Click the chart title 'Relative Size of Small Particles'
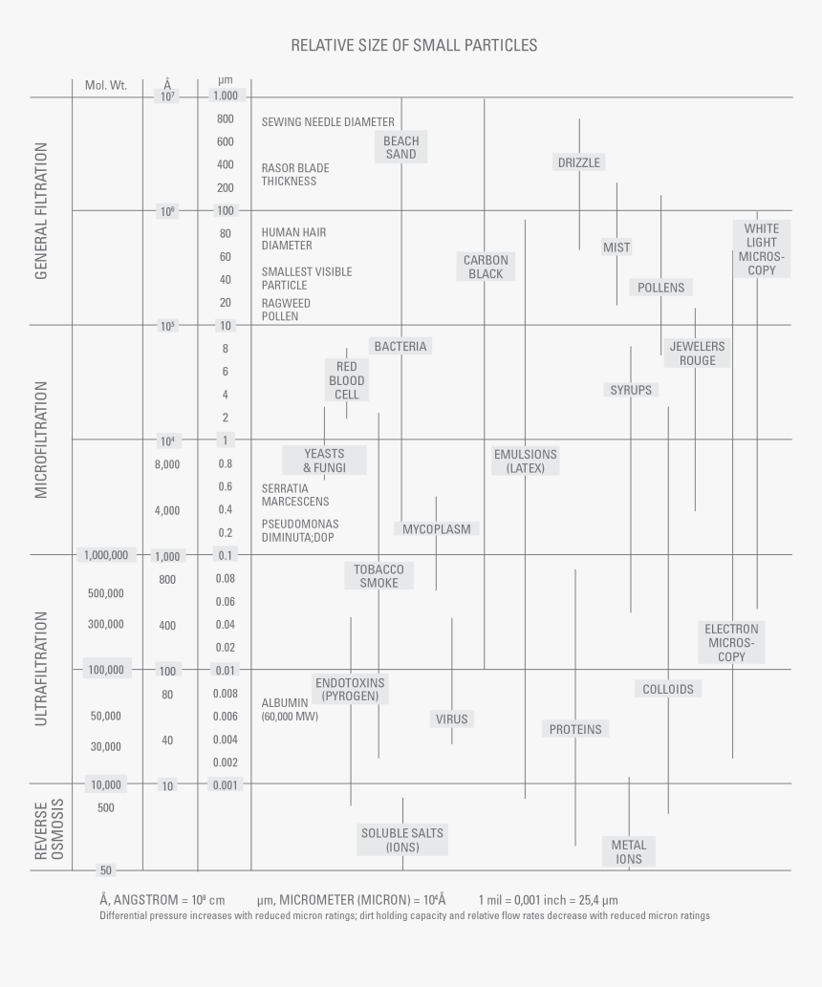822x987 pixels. [x=414, y=45]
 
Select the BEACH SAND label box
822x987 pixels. [x=401, y=147]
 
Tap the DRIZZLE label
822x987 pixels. [x=579, y=162]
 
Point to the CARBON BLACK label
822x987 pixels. [x=486, y=267]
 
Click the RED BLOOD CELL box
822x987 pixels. [x=346, y=380]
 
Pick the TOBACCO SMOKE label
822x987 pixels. [x=379, y=575]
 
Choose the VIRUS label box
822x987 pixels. [x=452, y=719]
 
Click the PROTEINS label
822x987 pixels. [x=575, y=729]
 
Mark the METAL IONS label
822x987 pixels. [x=629, y=851]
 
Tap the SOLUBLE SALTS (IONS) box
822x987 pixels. [x=402, y=840]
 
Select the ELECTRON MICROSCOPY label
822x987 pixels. [x=732, y=642]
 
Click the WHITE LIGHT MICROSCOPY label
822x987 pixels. [x=762, y=249]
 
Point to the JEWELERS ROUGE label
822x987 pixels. [x=697, y=353]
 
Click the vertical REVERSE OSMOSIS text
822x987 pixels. [x=49, y=828]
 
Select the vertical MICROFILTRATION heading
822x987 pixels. [x=41, y=440]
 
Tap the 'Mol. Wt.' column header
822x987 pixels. [x=106, y=85]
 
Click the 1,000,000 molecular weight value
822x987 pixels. [x=106, y=555]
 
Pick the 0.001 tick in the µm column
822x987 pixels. [x=225, y=784]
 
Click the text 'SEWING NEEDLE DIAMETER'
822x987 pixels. [x=327, y=121]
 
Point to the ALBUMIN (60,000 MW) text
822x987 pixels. [x=290, y=709]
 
